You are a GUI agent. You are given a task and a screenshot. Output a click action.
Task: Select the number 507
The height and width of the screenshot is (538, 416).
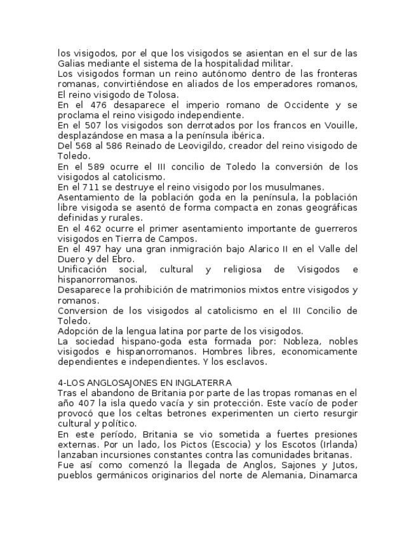pyautogui.click(x=90, y=125)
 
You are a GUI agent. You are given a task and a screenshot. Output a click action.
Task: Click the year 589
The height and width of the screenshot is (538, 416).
pyautogui.click(x=90, y=166)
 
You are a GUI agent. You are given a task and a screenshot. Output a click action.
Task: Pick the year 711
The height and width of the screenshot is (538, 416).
pyautogui.click(x=89, y=187)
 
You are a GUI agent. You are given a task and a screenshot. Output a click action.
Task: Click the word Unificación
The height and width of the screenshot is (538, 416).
pyautogui.click(x=81, y=270)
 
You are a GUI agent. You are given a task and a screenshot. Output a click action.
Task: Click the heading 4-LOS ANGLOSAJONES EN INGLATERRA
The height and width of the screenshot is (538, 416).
pyautogui.click(x=145, y=383)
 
